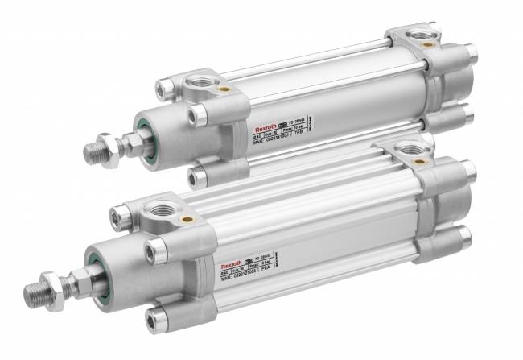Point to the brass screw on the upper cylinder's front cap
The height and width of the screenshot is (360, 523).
[224, 89]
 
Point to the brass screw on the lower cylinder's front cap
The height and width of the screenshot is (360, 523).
[187, 219]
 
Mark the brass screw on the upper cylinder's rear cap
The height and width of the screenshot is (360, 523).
[430, 45]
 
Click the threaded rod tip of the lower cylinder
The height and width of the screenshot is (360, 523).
[37, 290]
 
